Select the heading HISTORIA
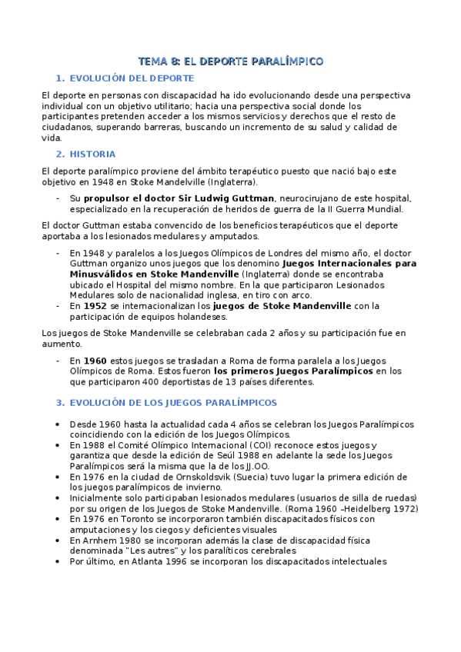(92, 154)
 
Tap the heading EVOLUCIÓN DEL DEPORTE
(132, 78)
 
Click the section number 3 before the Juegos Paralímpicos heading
(59, 402)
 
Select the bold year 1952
(95, 305)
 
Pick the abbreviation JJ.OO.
(255, 467)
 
